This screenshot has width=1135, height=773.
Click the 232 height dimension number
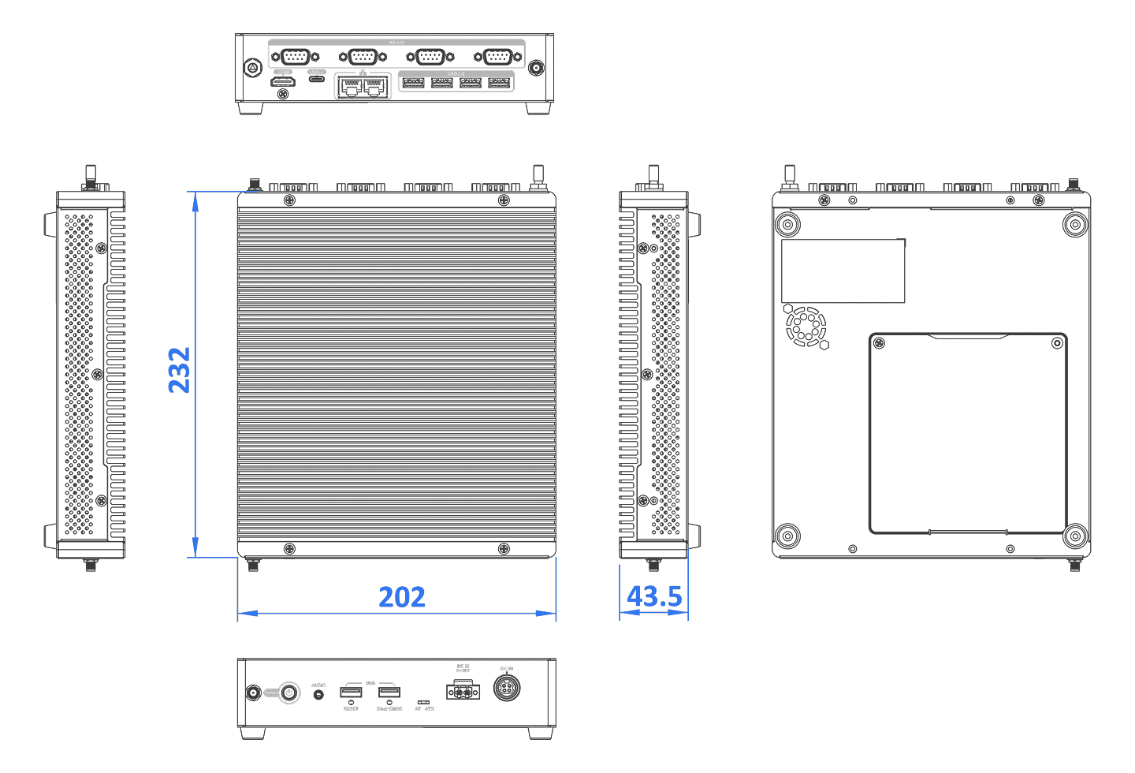pos(180,370)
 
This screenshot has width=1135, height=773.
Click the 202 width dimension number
pos(402,597)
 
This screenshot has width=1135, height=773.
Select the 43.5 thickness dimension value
pos(654,596)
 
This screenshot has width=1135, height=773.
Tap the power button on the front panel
pos(289,693)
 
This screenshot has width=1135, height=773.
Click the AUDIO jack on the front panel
pos(318,694)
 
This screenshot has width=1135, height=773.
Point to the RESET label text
pos(351,709)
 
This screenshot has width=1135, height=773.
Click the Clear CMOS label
pos(389,709)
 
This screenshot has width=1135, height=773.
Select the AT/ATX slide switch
pos(423,701)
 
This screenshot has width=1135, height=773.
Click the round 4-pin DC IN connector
pos(507,688)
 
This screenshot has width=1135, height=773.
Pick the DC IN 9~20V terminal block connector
pos(463,691)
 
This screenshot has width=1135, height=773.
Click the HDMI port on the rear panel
pos(283,81)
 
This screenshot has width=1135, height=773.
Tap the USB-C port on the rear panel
pos(317,79)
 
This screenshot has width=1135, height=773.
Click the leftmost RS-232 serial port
pos(295,57)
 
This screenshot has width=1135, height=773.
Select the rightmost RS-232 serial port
pos(498,57)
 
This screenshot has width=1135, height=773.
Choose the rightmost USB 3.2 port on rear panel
pos(500,83)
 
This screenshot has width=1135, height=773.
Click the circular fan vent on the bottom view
pos(806,327)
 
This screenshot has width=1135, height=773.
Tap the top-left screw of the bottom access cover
pos(880,343)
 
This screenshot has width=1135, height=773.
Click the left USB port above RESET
pos(351,692)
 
